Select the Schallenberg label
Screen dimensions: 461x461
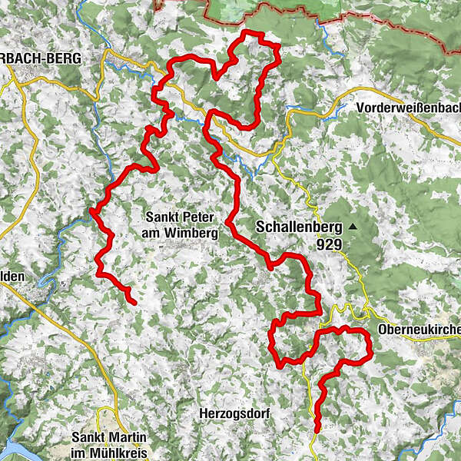(296, 227)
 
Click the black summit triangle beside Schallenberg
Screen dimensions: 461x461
(352, 227)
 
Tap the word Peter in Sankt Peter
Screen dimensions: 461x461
(193, 217)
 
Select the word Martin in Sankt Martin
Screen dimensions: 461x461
(119, 438)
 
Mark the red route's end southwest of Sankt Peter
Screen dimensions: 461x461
(134, 303)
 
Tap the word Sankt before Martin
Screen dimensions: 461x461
(85, 438)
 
